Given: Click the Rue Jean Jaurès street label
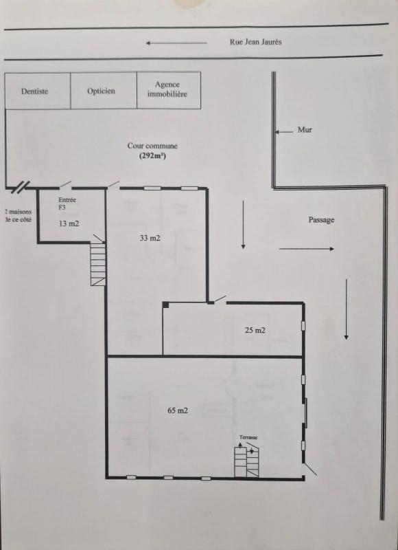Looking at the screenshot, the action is (x=255, y=42).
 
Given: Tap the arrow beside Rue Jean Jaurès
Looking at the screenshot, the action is (x=176, y=43).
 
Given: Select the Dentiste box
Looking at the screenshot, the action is (x=38, y=91).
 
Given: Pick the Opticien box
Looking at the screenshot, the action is (x=104, y=91).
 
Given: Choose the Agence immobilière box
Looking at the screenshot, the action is (x=169, y=90).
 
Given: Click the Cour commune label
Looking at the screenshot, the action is (x=152, y=146).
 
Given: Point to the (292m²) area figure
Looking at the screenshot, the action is (x=152, y=157).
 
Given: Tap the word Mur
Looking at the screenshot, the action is (x=305, y=130).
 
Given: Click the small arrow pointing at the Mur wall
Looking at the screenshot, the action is (x=284, y=132).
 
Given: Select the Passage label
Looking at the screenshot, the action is (x=321, y=220).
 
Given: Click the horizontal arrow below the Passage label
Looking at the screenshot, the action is (x=307, y=249).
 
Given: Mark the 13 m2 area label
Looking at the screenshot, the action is (x=69, y=223).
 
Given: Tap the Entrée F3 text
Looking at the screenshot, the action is (x=67, y=203).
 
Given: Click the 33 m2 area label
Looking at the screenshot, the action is (x=150, y=238).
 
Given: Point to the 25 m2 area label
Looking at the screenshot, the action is (x=255, y=330).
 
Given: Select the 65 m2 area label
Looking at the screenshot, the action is (x=178, y=410).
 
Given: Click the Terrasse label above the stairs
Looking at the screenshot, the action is (x=248, y=437).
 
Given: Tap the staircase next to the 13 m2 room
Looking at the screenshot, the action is (x=98, y=264).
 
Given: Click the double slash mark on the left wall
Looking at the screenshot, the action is (x=21, y=187).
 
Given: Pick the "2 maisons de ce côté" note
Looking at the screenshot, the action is (x=19, y=216).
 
